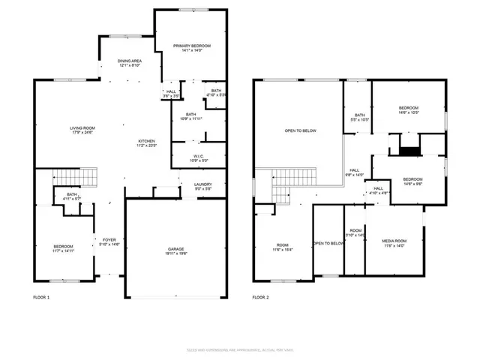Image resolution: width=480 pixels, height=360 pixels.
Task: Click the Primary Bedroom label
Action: click(x=192, y=49)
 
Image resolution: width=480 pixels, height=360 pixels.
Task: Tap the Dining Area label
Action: click(x=130, y=63)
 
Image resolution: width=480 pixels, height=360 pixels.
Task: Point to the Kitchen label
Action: click(x=146, y=144)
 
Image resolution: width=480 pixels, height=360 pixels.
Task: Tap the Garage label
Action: click(x=176, y=251)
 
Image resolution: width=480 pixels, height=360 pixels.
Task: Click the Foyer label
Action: click(x=109, y=241)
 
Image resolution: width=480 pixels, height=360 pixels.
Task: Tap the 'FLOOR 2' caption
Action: click(x=261, y=298)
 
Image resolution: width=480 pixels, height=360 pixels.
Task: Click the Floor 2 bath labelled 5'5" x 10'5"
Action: click(x=359, y=117)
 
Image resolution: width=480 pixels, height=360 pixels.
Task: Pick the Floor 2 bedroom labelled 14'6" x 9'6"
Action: click(x=412, y=181)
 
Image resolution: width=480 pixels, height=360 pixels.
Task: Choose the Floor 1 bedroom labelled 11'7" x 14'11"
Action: click(x=63, y=248)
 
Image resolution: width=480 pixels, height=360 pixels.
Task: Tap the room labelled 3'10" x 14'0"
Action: click(x=355, y=232)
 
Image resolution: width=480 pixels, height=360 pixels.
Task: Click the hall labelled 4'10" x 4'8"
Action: click(x=378, y=190)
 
